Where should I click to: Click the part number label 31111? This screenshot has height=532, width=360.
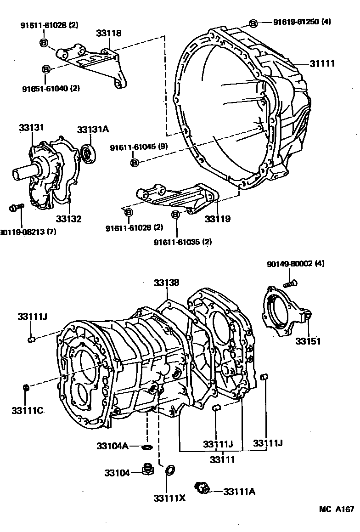(322, 63)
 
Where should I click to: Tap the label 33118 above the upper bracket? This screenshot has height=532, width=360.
(108, 33)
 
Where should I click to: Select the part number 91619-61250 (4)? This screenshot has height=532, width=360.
(302, 22)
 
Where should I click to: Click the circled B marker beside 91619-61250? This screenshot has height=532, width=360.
(253, 23)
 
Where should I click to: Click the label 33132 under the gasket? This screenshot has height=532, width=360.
(69, 219)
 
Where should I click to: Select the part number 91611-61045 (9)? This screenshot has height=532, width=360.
(139, 147)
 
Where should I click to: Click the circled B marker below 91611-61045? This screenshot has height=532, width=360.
(135, 163)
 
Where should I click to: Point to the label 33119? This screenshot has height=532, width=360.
(217, 219)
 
